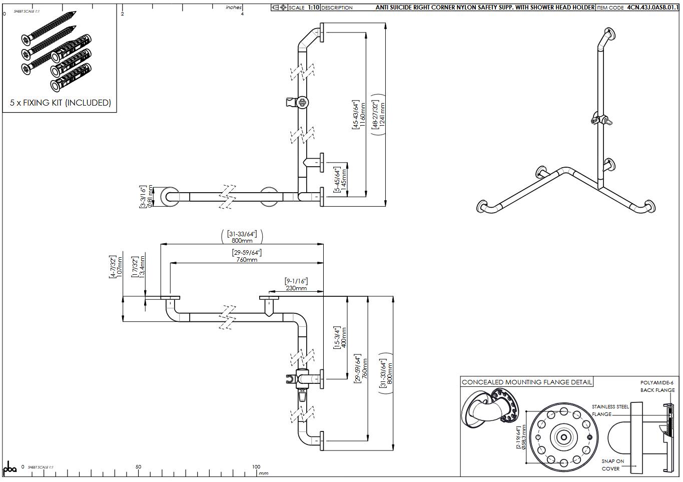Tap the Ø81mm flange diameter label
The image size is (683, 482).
point(146,197)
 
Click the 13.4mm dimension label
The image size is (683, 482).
point(138,267)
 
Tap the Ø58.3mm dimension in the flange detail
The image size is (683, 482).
point(521,438)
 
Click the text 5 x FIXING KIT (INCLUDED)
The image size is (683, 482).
point(60,103)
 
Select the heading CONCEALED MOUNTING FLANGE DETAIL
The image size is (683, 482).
point(526,382)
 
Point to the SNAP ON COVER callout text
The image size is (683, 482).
point(612,465)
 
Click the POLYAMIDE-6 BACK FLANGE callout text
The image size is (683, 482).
point(657,386)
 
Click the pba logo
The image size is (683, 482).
point(10,469)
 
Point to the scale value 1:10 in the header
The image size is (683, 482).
point(313,8)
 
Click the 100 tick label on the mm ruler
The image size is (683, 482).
point(256,467)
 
